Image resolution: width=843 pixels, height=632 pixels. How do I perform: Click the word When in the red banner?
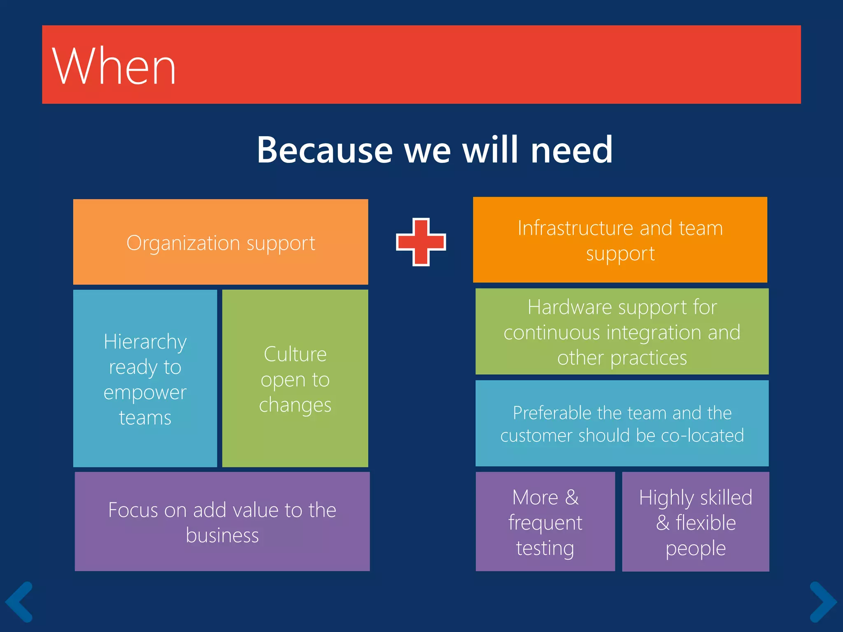point(114,67)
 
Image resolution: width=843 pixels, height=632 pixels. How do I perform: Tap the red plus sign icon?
point(421,242)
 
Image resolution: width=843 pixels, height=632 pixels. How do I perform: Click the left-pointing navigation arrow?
point(19,602)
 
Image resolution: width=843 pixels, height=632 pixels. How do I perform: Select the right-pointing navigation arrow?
point(823,602)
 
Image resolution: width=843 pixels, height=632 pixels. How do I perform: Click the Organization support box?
point(221,242)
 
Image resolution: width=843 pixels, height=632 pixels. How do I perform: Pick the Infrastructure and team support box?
point(620,240)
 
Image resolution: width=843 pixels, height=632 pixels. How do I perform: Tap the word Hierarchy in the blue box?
point(145,342)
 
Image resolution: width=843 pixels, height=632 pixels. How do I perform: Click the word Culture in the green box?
point(295,354)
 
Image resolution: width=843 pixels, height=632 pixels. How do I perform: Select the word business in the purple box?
point(222,535)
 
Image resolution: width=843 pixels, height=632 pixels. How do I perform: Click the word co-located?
point(702,435)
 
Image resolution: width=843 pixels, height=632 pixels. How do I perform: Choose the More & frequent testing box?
point(545,522)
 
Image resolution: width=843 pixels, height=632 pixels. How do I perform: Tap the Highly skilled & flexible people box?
point(695,522)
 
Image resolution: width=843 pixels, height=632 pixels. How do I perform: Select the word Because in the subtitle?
point(324,150)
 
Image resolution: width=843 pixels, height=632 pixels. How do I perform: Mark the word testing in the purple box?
point(545,548)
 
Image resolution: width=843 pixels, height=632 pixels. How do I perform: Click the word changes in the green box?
point(295,405)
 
